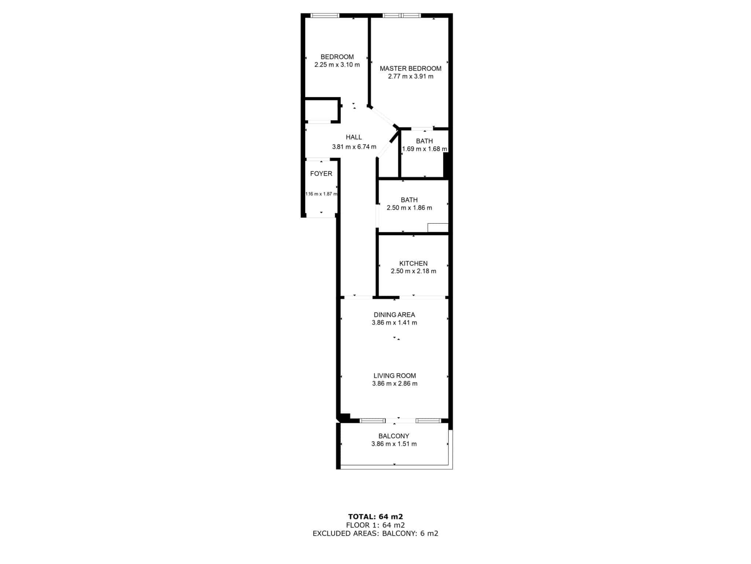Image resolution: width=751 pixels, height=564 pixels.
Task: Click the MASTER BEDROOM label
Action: [410, 69]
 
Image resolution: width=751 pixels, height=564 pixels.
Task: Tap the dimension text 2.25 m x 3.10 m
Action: [337, 65]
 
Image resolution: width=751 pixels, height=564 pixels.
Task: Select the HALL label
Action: [354, 137]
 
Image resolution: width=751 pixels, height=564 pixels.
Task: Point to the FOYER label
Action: [321, 174]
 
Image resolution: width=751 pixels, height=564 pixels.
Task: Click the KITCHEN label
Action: [413, 264]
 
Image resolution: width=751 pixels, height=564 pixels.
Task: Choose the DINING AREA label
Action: [394, 315]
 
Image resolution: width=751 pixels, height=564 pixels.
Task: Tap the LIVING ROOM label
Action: [395, 376]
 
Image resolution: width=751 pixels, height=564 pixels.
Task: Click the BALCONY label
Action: [394, 436]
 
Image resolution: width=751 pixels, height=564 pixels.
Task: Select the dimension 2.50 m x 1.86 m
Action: [409, 208]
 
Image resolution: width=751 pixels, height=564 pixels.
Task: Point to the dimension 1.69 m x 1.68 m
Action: [425, 149]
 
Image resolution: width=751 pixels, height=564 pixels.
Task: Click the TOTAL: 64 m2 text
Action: [375, 517]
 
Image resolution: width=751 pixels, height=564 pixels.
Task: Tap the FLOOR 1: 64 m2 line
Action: [375, 525]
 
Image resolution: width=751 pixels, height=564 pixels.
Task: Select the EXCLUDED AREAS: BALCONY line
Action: [375, 534]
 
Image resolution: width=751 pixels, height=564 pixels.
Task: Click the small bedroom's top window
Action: [325, 16]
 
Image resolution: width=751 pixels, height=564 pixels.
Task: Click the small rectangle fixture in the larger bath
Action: [438, 228]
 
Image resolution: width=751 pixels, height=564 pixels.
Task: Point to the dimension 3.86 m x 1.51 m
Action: [394, 444]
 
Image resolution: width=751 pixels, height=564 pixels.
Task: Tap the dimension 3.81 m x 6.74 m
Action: [354, 147]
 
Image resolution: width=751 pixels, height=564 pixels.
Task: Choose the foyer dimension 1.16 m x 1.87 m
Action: [321, 194]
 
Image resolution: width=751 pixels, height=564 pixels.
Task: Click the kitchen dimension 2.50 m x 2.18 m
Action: [413, 271]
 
